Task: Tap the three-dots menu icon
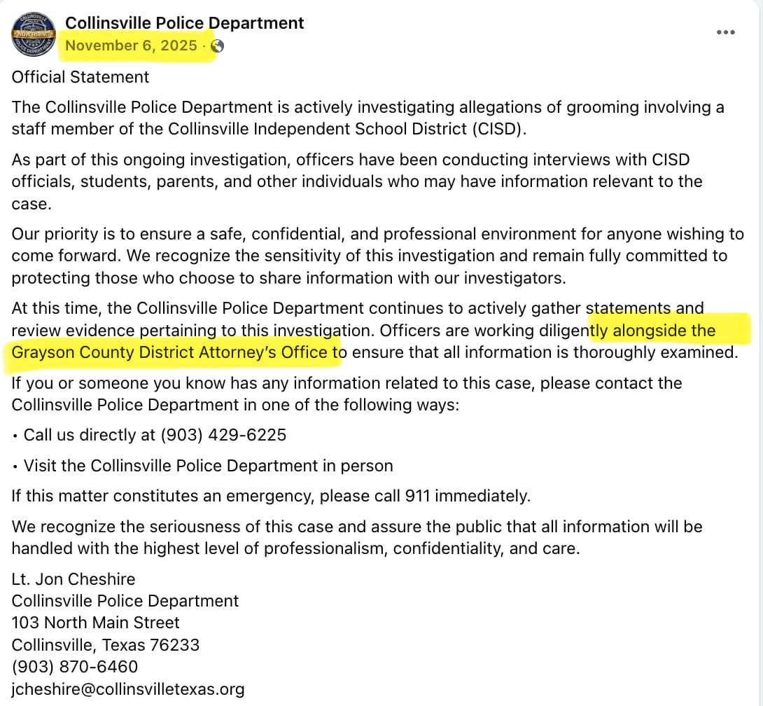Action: coord(726,32)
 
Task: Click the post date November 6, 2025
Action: coord(131,46)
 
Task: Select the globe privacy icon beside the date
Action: coord(217,46)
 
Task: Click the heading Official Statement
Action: coord(80,77)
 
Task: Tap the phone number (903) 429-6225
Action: coord(223,435)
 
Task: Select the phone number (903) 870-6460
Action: coord(75,666)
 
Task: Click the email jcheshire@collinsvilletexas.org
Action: coord(128,688)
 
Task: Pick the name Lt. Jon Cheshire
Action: coord(73,579)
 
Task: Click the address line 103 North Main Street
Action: coord(96,623)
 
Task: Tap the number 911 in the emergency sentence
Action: coord(419,497)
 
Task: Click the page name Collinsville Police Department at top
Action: coord(185,23)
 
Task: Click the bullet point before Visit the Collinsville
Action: coord(15,466)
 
